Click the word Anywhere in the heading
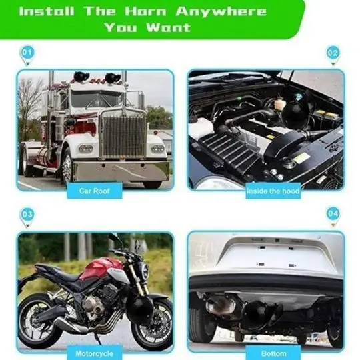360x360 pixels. [221, 11]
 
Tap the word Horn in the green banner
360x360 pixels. [145, 11]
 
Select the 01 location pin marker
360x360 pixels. [27, 55]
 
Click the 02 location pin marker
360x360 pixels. [333, 55]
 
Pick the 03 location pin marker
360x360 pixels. [27, 217]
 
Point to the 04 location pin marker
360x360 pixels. [333, 217]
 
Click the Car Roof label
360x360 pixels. [95, 191]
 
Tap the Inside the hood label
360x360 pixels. [273, 191]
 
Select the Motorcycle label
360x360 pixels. [95, 353]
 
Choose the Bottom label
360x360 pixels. [273, 353]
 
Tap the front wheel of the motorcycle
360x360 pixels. [152, 324]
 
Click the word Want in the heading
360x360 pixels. [169, 27]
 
